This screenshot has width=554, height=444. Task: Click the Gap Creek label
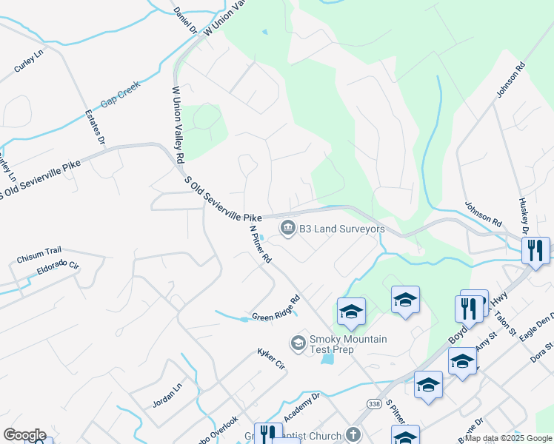click(120, 100)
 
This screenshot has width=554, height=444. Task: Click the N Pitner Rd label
click(260, 246)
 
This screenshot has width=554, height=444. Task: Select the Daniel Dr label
click(184, 20)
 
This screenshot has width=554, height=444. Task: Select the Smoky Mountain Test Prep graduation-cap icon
click(298, 342)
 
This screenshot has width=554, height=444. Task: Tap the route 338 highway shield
click(373, 402)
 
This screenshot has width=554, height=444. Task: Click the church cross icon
click(354, 436)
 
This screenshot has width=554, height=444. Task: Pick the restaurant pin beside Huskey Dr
click(535, 250)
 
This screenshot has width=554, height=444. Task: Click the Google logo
click(24, 435)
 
